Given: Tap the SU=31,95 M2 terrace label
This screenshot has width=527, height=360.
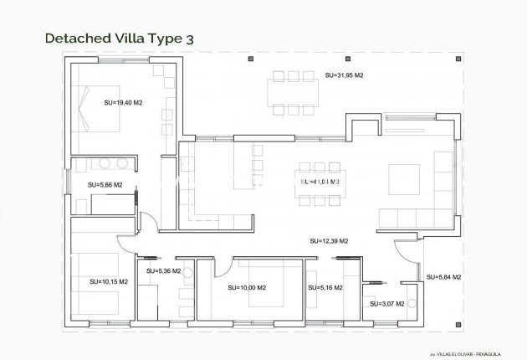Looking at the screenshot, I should tap(345, 75).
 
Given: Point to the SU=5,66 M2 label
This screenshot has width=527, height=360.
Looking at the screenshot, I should tap(105, 185).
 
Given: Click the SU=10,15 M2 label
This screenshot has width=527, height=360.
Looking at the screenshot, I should tap(109, 281).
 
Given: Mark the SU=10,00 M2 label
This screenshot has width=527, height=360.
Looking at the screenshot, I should tap(247, 288).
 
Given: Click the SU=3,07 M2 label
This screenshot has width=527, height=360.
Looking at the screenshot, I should tap(386, 303).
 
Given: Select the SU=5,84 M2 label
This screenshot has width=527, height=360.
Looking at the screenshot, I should tap(443, 277).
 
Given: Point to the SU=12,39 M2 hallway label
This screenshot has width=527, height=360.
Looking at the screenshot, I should tap(328, 241).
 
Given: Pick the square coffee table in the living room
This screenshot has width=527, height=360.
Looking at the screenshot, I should tap(403, 178).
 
